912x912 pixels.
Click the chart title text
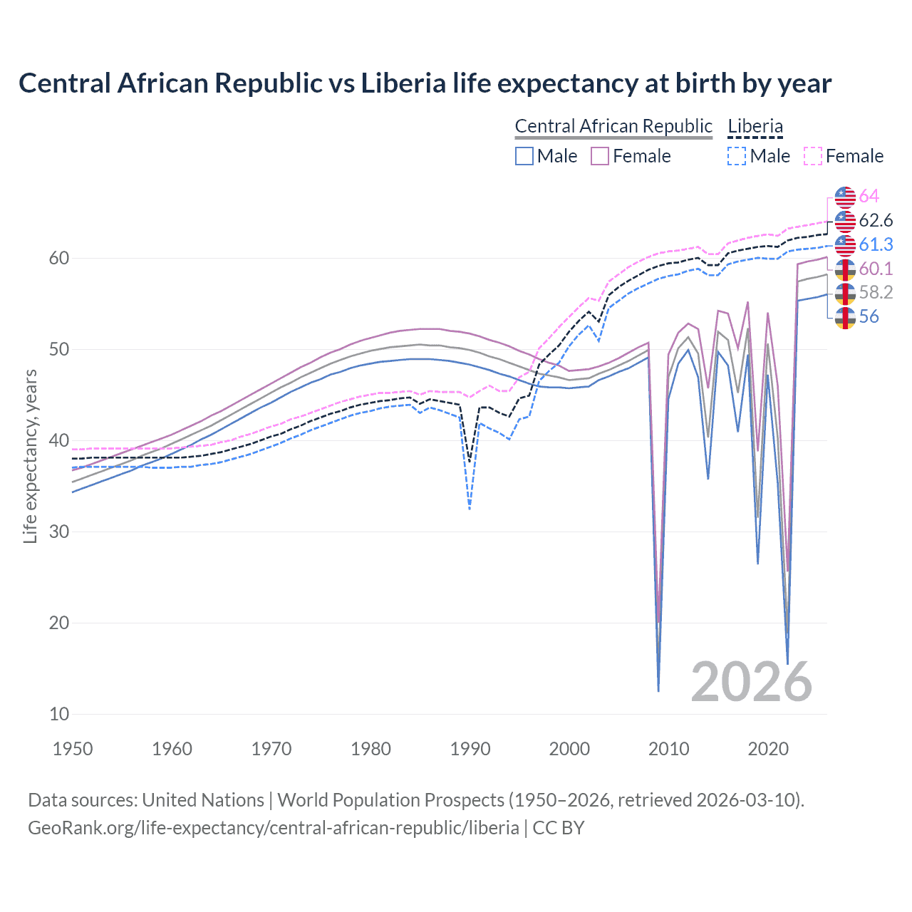425,83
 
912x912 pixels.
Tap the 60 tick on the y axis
58,258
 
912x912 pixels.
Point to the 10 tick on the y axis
58,714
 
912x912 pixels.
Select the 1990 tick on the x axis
470,749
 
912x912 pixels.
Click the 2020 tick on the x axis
768,749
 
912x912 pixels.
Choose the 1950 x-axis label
73,749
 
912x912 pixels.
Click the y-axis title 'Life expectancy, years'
30,456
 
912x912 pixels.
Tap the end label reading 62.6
876,220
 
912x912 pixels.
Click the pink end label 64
869,196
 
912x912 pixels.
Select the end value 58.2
876,292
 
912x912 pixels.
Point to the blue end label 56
869,316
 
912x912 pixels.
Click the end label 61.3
876,244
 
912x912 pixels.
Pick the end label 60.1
876,269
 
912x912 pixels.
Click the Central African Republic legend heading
613,126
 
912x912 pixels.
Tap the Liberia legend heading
755,126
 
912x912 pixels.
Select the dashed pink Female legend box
813,156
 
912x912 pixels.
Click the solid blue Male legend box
524,156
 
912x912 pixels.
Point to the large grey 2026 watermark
751,682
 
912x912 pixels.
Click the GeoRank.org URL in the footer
273,828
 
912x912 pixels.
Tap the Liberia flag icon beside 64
845,197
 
